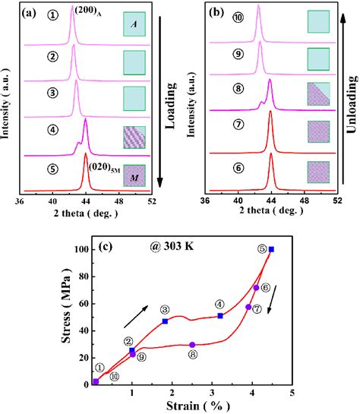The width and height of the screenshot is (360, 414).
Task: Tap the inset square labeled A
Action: pos(134,25)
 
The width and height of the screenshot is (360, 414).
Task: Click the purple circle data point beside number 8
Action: pos(192,345)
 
